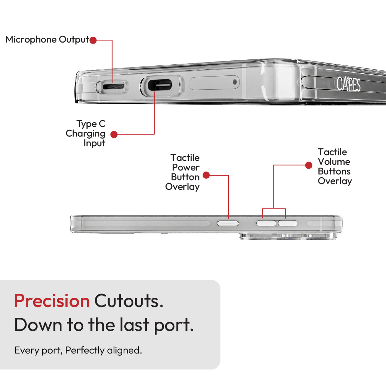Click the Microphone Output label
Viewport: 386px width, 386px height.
pyautogui.click(x=47, y=40)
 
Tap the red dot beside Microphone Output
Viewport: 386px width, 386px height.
pyautogui.click(x=93, y=40)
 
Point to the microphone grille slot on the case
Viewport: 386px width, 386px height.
pyautogui.click(x=113, y=86)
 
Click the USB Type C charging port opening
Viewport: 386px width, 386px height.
pyautogui.click(x=160, y=85)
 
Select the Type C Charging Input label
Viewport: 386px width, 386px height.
pyautogui.click(x=86, y=133)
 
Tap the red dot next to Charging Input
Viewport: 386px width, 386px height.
pyautogui.click(x=114, y=134)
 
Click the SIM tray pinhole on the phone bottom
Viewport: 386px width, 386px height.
pyautogui.click(x=234, y=82)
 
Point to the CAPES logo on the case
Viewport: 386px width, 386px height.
pyautogui.click(x=348, y=84)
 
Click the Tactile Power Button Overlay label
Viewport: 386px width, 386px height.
pyautogui.click(x=182, y=172)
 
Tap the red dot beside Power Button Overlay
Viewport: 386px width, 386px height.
pyautogui.click(x=206, y=175)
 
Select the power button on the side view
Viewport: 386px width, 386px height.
pyautogui.click(x=228, y=223)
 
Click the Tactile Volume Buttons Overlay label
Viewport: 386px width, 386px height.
pyautogui.click(x=335, y=167)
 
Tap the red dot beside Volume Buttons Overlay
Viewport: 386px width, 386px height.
pyautogui.click(x=309, y=165)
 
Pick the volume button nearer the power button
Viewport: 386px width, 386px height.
pyautogui.click(x=266, y=223)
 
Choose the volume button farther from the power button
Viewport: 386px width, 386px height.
pyautogui.click(x=288, y=223)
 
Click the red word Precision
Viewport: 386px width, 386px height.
pyautogui.click(x=52, y=301)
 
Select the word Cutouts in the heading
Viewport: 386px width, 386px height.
pyautogui.click(x=129, y=301)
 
